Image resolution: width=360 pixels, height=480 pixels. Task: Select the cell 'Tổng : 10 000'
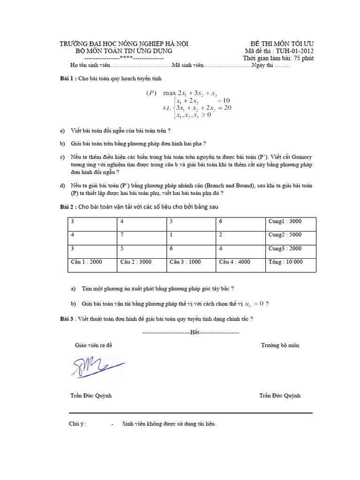pos(285,262)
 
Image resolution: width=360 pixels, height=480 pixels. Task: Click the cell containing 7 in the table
pos(122,234)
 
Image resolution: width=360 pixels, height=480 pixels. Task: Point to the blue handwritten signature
pos(97,365)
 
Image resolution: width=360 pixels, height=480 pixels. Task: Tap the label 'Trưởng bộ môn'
pos(280,345)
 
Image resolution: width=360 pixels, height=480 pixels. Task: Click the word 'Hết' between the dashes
pos(195,332)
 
